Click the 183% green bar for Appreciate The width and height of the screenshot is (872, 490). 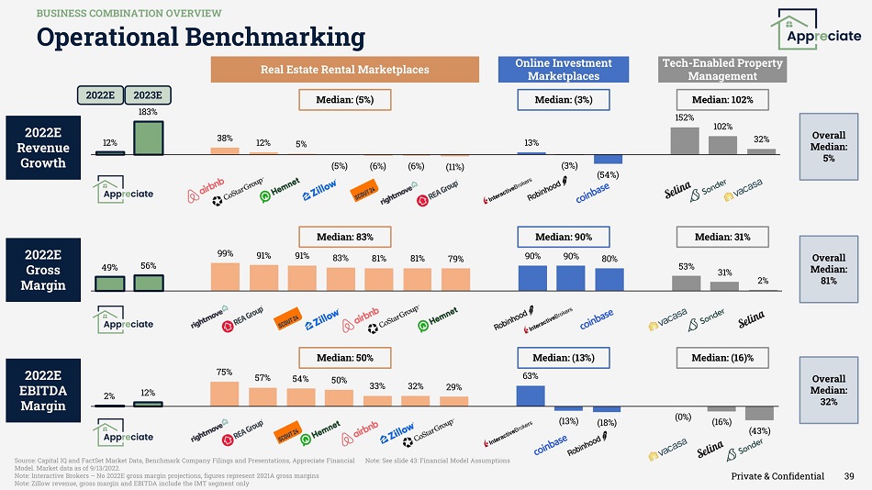[x=148, y=137]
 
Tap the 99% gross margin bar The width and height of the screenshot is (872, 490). [x=224, y=276]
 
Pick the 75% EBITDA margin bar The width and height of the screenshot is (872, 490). [x=224, y=393]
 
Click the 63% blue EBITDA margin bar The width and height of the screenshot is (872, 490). [x=530, y=395]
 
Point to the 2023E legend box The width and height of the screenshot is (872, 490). [x=148, y=95]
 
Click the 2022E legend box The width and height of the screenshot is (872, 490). [x=99, y=95]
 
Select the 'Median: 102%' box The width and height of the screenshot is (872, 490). [x=721, y=98]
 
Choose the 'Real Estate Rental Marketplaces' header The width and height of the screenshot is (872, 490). [x=345, y=69]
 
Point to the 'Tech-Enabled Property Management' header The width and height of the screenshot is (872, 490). [x=722, y=69]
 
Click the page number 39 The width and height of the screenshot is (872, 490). [x=849, y=476]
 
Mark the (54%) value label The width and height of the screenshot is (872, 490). [x=607, y=174]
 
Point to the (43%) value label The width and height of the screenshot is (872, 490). [x=759, y=429]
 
